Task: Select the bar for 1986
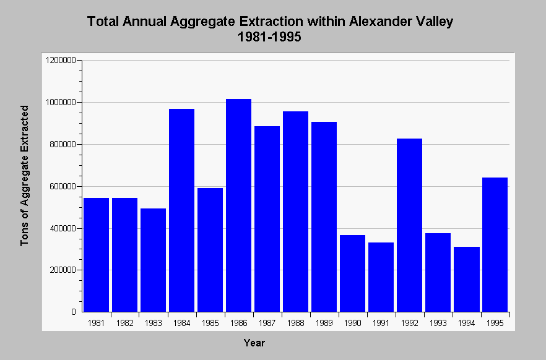[238, 205]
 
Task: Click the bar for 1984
[181, 210]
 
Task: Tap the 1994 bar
[467, 280]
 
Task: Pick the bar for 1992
[410, 225]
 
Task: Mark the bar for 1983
[154, 260]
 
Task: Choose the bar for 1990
[352, 273]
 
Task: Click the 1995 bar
[495, 245]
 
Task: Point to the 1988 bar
[295, 212]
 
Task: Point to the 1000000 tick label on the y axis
[61, 103]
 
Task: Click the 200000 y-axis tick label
[63, 270]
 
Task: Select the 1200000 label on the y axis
[61, 61]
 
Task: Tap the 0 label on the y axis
[74, 312]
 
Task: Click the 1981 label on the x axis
[96, 323]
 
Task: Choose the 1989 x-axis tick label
[324, 323]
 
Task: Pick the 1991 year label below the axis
[381, 323]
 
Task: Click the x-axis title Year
[254, 343]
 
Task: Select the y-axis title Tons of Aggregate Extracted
[24, 176]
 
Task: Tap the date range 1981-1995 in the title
[269, 36]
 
